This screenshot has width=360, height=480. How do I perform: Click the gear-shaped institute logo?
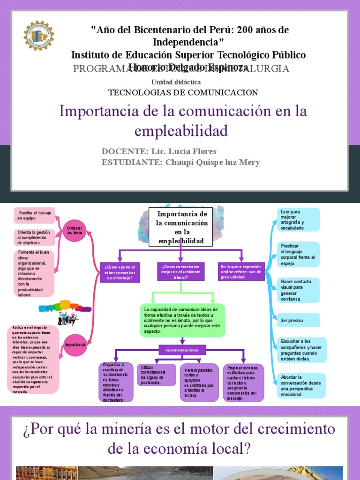click(x=38, y=36)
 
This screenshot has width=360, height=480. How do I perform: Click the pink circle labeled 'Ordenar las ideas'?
click(x=75, y=230)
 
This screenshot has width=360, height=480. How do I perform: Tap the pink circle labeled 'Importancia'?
click(x=75, y=344)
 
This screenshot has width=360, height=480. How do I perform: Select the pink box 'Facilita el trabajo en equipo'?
click(x=34, y=215)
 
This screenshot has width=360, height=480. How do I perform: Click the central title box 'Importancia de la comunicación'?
click(x=180, y=227)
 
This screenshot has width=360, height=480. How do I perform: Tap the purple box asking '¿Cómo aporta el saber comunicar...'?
click(x=120, y=272)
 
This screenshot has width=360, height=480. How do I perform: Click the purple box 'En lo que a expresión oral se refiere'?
click(x=242, y=271)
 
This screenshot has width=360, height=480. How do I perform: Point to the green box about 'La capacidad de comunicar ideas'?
click(x=182, y=321)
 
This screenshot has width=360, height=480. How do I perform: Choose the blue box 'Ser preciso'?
click(x=298, y=320)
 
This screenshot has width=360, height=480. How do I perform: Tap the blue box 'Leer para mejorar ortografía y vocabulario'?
click(x=298, y=219)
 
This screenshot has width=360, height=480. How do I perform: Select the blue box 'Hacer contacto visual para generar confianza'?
click(x=298, y=290)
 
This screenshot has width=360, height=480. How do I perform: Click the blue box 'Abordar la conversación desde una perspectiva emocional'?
click(x=300, y=385)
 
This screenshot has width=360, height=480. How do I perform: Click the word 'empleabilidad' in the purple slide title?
click(x=181, y=130)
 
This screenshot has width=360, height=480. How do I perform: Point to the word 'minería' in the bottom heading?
click(x=148, y=429)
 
